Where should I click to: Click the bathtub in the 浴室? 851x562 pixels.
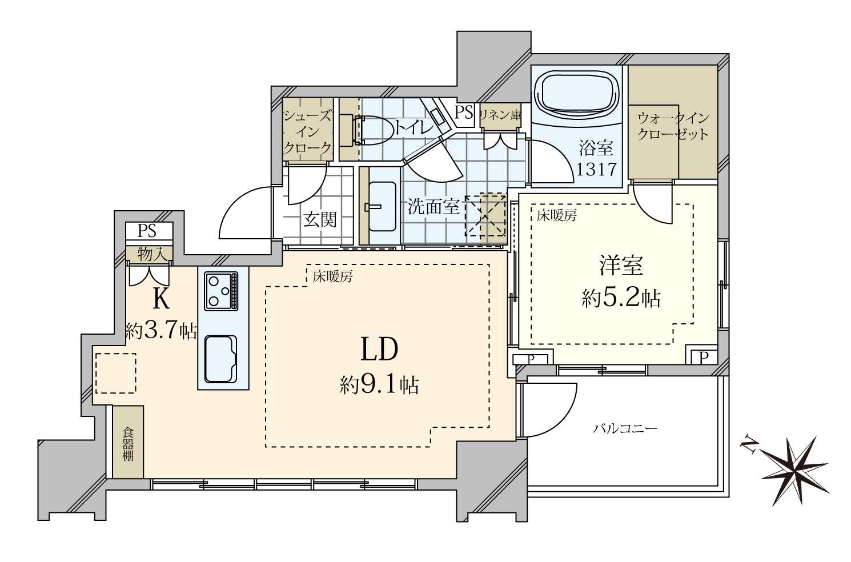pyautogui.click(x=576, y=91)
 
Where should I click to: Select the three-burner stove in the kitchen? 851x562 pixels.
pyautogui.click(x=222, y=291)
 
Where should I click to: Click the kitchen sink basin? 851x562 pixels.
pyautogui.click(x=220, y=359)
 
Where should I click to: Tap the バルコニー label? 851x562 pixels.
pyautogui.click(x=625, y=428)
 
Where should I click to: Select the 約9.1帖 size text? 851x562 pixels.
pyautogui.click(x=380, y=385)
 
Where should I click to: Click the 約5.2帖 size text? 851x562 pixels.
pyautogui.click(x=621, y=298)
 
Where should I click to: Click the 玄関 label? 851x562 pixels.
pyautogui.click(x=320, y=219)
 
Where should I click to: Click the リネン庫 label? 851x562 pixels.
pyautogui.click(x=500, y=114)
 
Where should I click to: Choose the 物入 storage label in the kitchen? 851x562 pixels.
pyautogui.click(x=148, y=254)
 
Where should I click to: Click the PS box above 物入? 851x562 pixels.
pyautogui.click(x=148, y=231)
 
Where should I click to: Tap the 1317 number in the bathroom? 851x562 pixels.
pyautogui.click(x=596, y=169)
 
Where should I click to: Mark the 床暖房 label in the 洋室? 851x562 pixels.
pyautogui.click(x=556, y=215)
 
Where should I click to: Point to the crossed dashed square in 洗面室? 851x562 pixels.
pyautogui.click(x=485, y=215)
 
